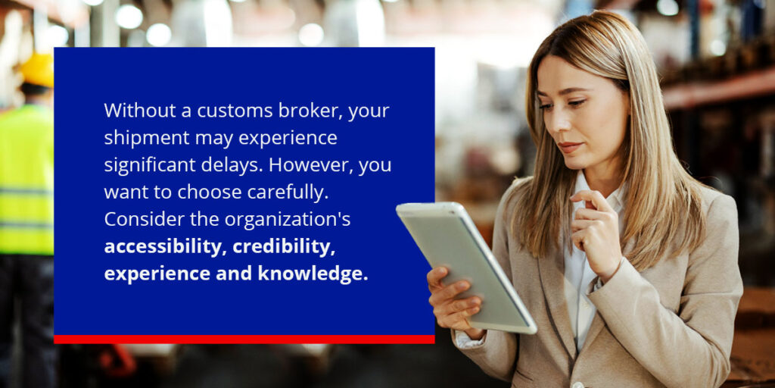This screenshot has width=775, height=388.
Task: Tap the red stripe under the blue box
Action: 244,339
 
